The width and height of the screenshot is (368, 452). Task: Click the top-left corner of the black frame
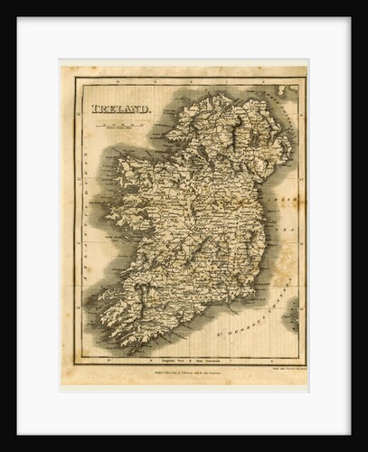pos(4,4)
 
